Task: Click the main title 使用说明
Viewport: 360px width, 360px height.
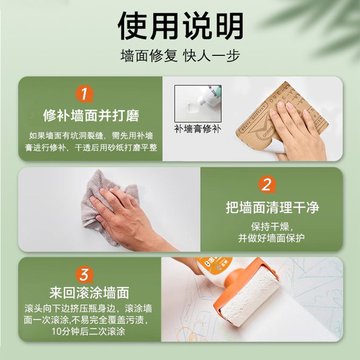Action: [x=180, y=26]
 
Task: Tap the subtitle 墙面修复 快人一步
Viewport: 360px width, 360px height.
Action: [x=180, y=56]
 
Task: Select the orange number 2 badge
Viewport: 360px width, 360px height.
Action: [x=266, y=185]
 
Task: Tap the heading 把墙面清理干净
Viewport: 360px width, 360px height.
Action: [x=272, y=207]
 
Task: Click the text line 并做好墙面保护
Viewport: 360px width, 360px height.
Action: [x=272, y=238]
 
